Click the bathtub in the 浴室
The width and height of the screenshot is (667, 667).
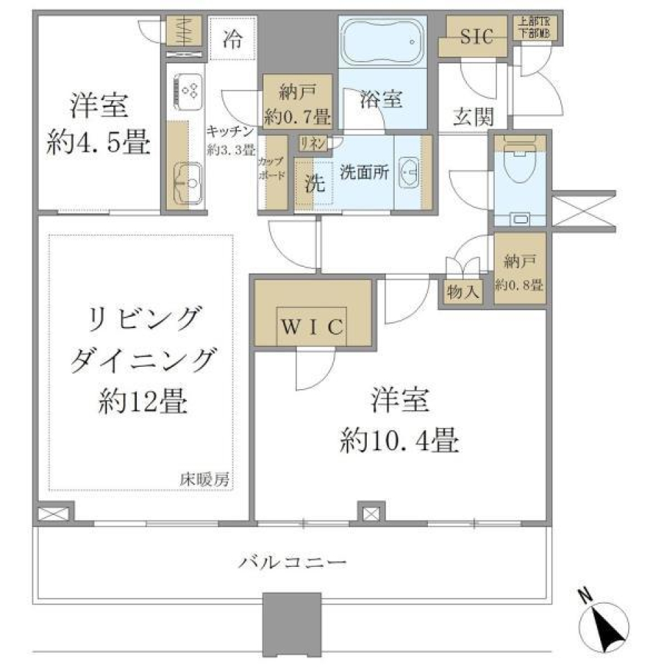click(x=383, y=42)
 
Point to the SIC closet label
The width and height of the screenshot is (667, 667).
click(x=477, y=37)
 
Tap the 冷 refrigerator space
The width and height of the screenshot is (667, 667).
click(x=233, y=40)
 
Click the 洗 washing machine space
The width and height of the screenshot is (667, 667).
click(x=315, y=185)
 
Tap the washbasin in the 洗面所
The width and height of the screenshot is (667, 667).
click(x=411, y=172)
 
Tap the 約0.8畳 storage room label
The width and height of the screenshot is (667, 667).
click(x=519, y=285)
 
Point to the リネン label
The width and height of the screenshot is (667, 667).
click(x=311, y=143)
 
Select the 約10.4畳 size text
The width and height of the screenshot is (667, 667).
click(x=400, y=439)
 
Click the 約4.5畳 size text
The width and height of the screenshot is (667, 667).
click(x=98, y=144)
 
